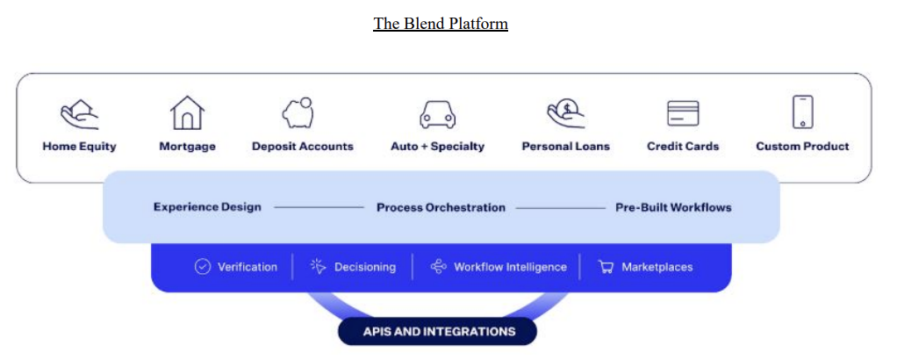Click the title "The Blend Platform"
click(441, 24)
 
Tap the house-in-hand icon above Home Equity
click(79, 114)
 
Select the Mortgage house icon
click(187, 113)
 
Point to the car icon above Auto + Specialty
click(437, 115)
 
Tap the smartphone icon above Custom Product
click(802, 112)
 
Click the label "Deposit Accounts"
click(303, 147)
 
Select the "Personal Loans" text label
click(565, 147)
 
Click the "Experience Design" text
click(207, 208)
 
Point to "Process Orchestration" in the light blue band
click(441, 208)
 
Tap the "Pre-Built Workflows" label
click(673, 208)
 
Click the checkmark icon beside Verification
click(203, 267)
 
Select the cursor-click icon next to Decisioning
click(319, 267)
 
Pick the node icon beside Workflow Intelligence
click(439, 267)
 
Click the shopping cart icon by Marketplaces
click(606, 267)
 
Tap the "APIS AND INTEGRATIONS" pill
click(438, 331)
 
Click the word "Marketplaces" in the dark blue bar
click(657, 267)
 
